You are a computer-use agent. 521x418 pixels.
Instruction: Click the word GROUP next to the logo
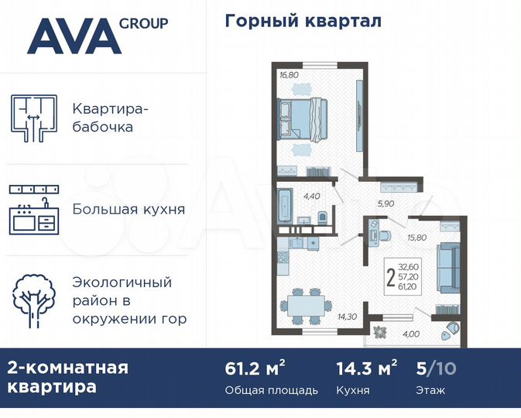pos(143,22)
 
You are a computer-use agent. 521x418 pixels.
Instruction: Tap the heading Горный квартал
pos(303,21)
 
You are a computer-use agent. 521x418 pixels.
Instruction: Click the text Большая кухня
pos(128,209)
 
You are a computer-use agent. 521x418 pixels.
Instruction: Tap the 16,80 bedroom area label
pos(289,75)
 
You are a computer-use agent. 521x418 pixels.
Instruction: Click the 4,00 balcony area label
pos(411,334)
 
